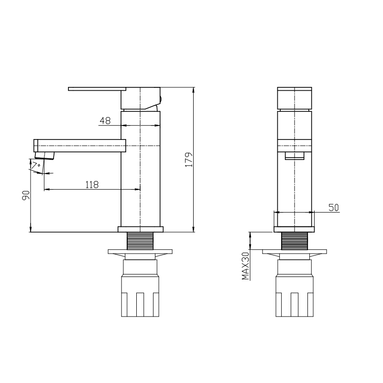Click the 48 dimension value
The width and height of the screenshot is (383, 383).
(x=105, y=121)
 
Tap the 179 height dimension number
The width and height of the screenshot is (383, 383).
(x=189, y=160)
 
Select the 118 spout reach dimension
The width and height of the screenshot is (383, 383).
(x=92, y=185)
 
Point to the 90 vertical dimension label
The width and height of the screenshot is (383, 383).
(x=26, y=195)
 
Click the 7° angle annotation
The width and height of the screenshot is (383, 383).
(x=36, y=165)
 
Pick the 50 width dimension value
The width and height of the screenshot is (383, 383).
(x=334, y=207)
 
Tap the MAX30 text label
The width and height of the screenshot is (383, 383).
(x=245, y=266)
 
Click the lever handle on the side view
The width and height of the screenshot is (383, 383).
(x=97, y=89)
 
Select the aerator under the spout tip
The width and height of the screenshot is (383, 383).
(x=44, y=155)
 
